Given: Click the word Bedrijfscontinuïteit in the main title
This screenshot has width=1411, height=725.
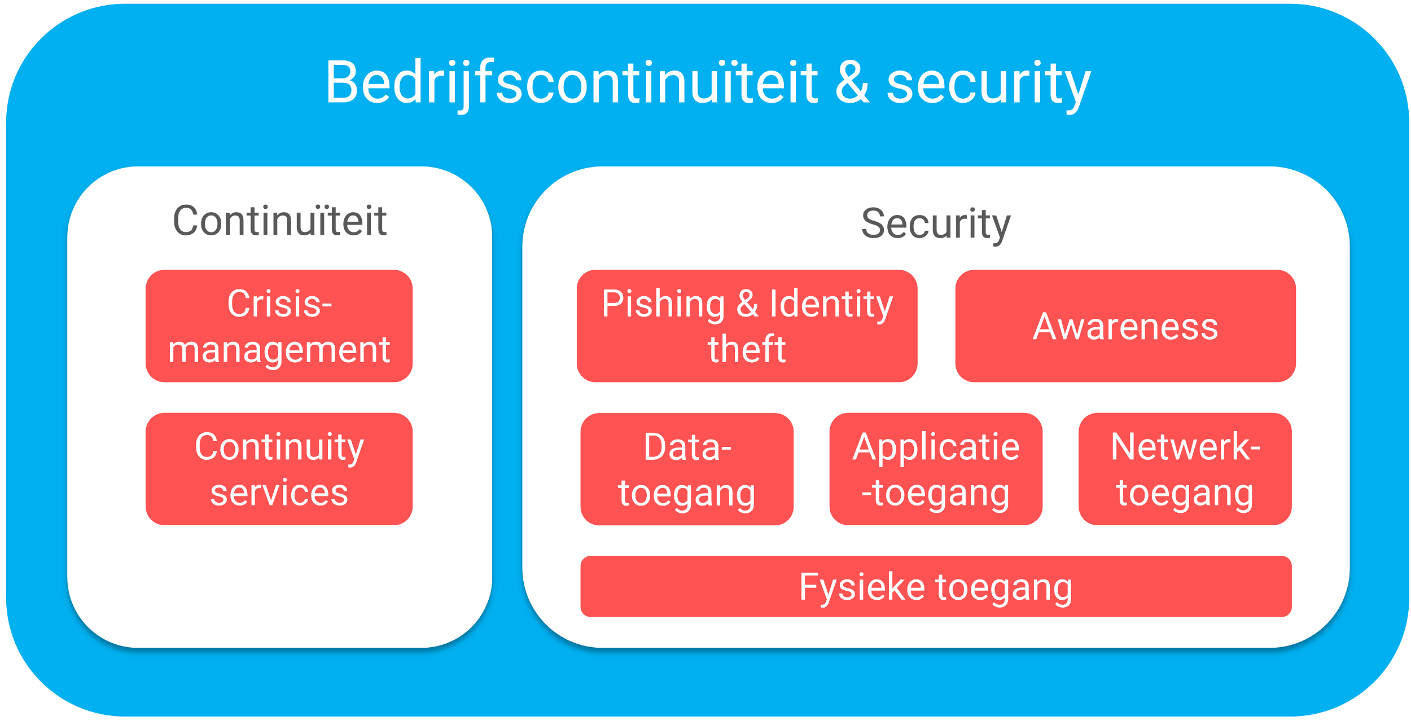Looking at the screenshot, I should (x=571, y=84).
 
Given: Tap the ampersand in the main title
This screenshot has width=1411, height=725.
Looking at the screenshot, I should (x=852, y=84).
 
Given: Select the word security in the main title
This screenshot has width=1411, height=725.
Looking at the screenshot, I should (x=988, y=85).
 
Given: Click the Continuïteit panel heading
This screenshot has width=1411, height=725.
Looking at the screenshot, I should (x=279, y=221).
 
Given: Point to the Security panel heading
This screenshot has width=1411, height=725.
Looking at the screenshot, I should (x=935, y=224).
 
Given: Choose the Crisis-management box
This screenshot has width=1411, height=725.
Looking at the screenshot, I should (x=279, y=326).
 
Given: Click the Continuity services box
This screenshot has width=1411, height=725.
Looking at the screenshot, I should (x=279, y=469).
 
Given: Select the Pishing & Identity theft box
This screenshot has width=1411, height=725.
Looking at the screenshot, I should (x=746, y=326).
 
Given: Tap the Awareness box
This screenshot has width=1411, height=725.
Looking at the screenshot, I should (x=1125, y=326).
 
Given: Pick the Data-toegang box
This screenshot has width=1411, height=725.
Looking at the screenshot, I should (x=686, y=469).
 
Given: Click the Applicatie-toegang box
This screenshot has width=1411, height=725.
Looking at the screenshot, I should (x=935, y=469).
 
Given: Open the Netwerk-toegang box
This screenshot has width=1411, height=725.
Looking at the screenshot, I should (x=1185, y=469).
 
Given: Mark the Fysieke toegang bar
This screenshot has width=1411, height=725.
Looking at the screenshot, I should (x=935, y=586).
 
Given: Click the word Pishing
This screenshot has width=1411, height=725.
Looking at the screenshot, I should (x=663, y=304).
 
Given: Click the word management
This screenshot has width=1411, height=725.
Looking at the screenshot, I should (x=279, y=350).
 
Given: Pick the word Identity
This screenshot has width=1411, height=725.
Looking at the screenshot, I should (x=831, y=304).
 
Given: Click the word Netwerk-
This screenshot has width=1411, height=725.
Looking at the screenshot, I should (x=1185, y=446).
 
